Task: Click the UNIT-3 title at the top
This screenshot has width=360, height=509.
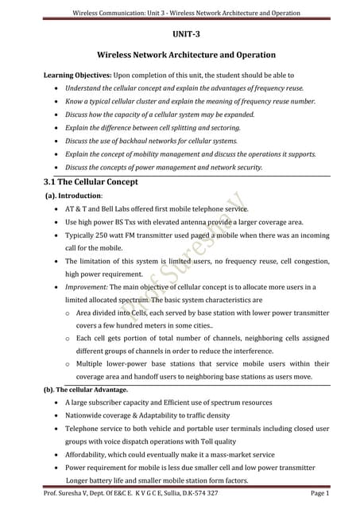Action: coord(186,35)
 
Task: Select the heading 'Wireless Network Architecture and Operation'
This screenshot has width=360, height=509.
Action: coord(186,55)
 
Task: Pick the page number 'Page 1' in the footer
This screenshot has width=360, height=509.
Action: coord(338,494)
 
